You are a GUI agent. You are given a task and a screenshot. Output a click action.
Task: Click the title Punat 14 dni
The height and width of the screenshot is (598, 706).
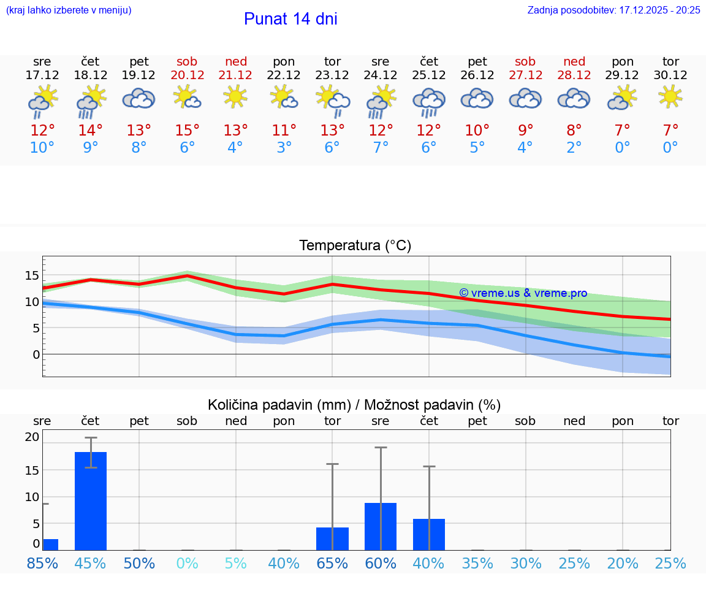pyautogui.click(x=290, y=19)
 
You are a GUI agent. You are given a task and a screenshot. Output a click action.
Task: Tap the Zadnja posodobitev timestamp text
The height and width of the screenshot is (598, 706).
pyautogui.click(x=613, y=10)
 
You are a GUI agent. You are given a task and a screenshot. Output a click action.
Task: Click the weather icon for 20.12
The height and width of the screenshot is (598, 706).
pyautogui.click(x=187, y=97)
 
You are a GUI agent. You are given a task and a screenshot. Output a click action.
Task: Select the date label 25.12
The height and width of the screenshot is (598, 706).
pyautogui.click(x=428, y=75)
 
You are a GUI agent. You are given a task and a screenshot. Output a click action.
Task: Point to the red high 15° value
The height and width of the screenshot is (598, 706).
pyautogui.click(x=187, y=130)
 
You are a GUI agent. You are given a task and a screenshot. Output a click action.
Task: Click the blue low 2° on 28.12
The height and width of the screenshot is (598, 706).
pyautogui.click(x=574, y=148)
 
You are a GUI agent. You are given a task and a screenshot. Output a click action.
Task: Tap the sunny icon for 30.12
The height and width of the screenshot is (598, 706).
pyautogui.click(x=670, y=96)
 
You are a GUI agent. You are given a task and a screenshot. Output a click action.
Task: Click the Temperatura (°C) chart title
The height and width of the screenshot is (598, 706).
pyautogui.click(x=355, y=246)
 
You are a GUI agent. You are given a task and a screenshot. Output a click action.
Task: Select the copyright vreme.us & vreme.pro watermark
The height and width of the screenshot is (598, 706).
pyautogui.click(x=523, y=293)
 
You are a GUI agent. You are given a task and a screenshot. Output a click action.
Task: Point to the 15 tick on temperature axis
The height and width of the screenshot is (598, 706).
pyautogui.click(x=32, y=275)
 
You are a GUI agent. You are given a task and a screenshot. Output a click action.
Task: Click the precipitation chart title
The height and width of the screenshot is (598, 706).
pyautogui.click(x=354, y=405)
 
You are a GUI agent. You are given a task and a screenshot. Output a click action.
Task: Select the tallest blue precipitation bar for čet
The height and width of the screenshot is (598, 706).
pyautogui.click(x=91, y=500)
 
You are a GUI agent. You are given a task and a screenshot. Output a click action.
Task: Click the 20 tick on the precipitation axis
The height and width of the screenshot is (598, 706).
pyautogui.click(x=32, y=437)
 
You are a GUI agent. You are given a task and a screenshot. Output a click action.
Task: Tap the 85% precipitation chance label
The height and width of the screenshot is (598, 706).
pyautogui.click(x=42, y=563)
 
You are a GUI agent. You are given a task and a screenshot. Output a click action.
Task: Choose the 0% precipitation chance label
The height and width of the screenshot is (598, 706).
pyautogui.click(x=187, y=563)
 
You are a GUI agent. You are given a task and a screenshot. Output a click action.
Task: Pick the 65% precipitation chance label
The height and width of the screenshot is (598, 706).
pyautogui.click(x=332, y=563)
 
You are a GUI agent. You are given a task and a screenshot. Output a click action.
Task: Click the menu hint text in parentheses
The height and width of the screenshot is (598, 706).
pyautogui.click(x=68, y=10)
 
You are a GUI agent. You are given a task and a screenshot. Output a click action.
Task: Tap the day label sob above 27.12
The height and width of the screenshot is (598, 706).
pyautogui.click(x=525, y=61)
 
